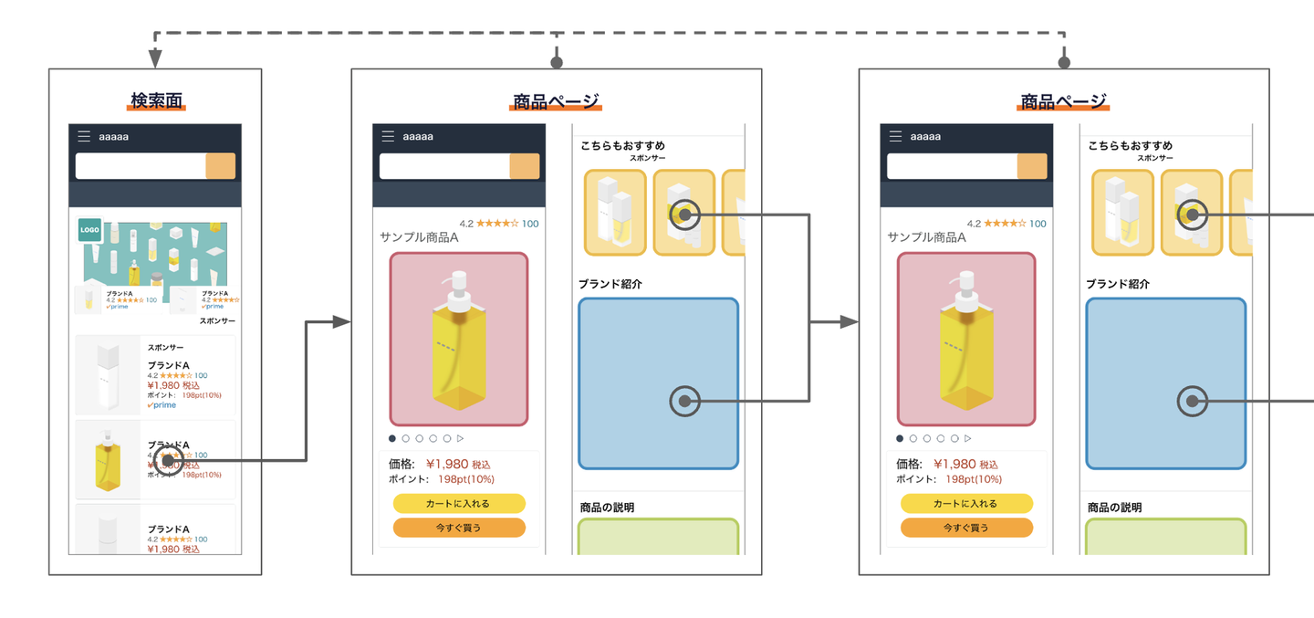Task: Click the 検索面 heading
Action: coord(156,100)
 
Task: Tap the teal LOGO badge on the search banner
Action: coord(89,230)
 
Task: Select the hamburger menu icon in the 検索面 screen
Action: coord(84,137)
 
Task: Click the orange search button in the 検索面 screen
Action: coord(221,166)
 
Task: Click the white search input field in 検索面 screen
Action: coord(141,166)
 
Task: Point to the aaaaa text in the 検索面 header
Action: coord(114,137)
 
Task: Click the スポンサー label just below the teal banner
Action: coord(217,321)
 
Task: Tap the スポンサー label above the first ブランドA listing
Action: coord(166,348)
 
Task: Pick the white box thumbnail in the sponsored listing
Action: coord(108,375)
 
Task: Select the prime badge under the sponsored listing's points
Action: coord(162,405)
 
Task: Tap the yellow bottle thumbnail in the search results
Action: coord(108,459)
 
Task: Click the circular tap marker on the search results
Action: coord(164,461)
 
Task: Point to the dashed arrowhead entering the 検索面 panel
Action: coord(155,59)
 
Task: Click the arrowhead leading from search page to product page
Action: coord(342,322)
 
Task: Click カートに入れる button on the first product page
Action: coord(459,504)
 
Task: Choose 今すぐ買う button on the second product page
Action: coord(966,528)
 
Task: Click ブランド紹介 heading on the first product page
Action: coord(610,285)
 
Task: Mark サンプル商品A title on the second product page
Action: coord(926,237)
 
